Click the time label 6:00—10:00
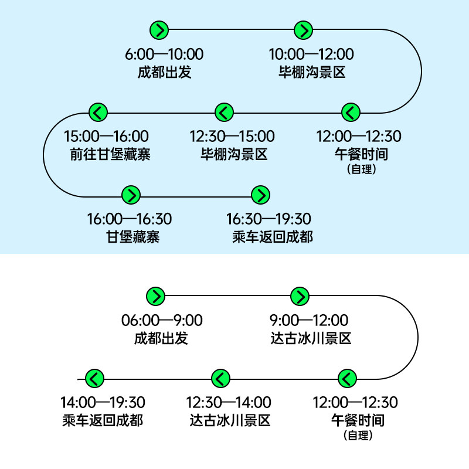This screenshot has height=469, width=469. tap(164, 55)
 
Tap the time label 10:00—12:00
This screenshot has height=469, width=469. tap(311, 55)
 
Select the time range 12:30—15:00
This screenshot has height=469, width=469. tap(232, 137)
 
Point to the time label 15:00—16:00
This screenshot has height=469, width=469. tap(106, 137)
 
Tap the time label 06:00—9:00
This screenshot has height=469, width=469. tap(162, 321)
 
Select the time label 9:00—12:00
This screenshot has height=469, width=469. tap(308, 321)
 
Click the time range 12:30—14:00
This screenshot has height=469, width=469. tap(229, 403)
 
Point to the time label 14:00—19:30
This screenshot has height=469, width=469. tap(103, 403)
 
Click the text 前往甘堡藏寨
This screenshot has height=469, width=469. tap(110, 155)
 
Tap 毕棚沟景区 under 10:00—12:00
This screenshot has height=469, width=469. tap(312, 73)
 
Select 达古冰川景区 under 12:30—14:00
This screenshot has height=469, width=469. tap(230, 421)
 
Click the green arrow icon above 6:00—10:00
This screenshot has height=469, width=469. tap(159, 29)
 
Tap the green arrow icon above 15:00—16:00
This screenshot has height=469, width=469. tap(98, 111)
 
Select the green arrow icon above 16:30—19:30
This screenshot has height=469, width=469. tap(260, 195)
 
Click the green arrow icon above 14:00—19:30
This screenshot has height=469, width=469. tap(94, 378)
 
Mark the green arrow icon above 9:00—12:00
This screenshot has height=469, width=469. tap(300, 296)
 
